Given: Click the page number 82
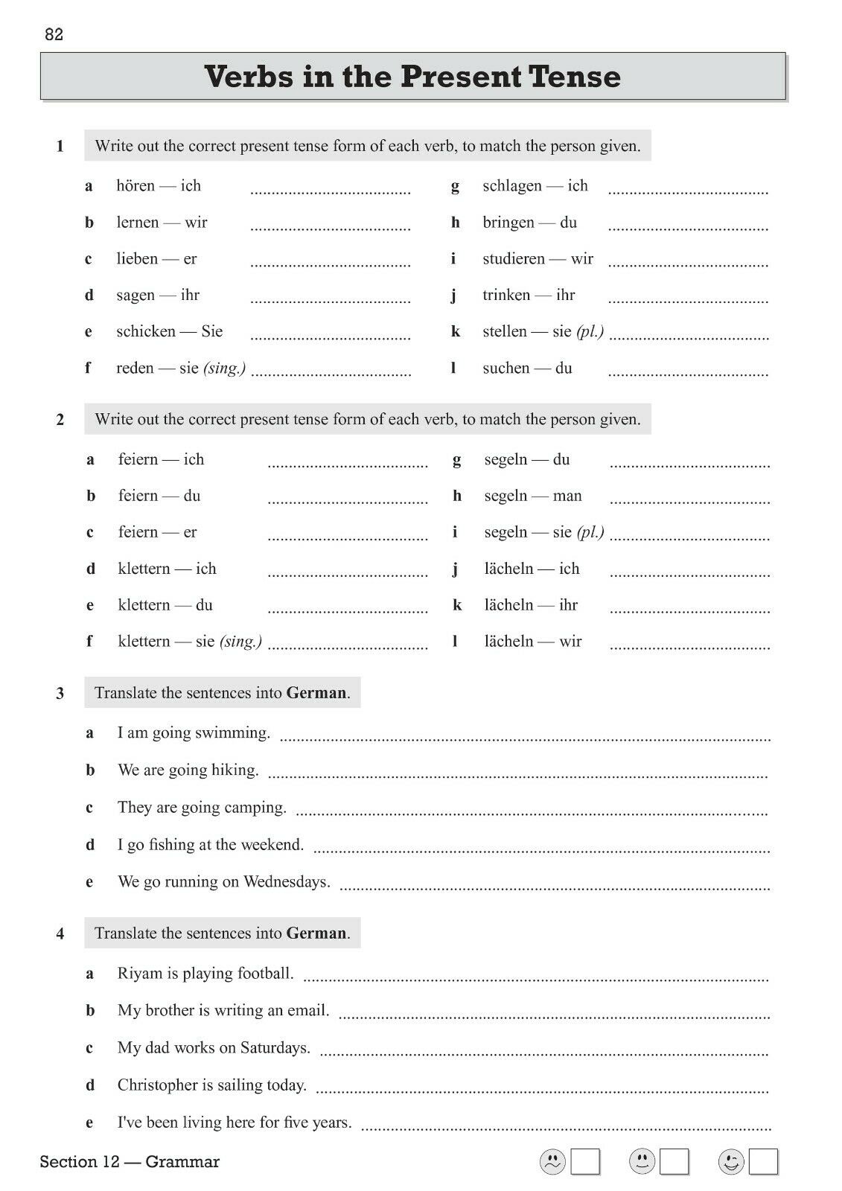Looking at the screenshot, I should tap(54, 34).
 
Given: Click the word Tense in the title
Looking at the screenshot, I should tap(574, 77).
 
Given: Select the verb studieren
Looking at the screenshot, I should tap(514, 258).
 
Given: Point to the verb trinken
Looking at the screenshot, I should tap(506, 295).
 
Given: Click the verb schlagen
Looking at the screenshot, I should tap(512, 185).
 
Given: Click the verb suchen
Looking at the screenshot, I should tap(505, 368).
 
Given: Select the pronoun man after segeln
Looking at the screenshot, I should tap(567, 496).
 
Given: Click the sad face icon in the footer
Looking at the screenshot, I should tap(552, 1162).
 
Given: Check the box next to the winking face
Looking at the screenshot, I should tap(763, 1162).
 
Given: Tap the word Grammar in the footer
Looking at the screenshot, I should tap(182, 1162).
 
